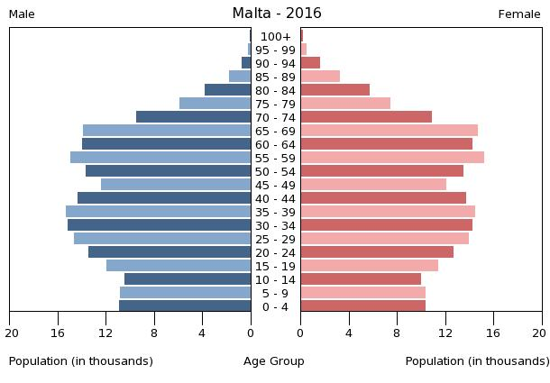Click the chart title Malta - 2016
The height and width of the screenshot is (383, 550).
click(x=276, y=14)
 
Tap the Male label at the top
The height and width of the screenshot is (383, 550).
click(x=22, y=14)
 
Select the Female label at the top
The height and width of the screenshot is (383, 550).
click(x=519, y=14)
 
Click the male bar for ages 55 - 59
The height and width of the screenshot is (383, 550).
click(x=160, y=158)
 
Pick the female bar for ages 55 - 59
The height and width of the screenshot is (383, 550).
click(x=392, y=158)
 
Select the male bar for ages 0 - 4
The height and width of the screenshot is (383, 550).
click(x=185, y=306)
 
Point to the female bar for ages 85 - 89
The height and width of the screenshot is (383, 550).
click(x=320, y=77)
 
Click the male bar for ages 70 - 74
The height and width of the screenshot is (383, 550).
click(x=193, y=117)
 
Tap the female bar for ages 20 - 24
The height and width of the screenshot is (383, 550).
click(x=377, y=252)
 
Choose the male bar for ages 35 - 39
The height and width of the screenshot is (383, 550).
click(x=158, y=212)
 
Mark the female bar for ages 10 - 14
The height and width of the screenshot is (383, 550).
click(x=361, y=279)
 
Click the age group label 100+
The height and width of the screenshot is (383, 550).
click(x=276, y=37)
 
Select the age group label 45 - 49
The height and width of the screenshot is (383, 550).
click(x=276, y=185)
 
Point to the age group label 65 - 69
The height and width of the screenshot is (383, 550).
click(x=276, y=132)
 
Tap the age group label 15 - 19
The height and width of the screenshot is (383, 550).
click(x=276, y=266)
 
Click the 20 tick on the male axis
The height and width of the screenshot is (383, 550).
click(x=11, y=332)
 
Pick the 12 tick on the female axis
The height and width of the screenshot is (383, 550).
click(x=445, y=332)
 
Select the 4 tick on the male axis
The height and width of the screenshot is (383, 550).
click(x=202, y=332)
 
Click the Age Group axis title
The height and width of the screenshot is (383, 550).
click(x=274, y=361)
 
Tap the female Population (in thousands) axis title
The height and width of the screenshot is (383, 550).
click(x=477, y=361)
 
